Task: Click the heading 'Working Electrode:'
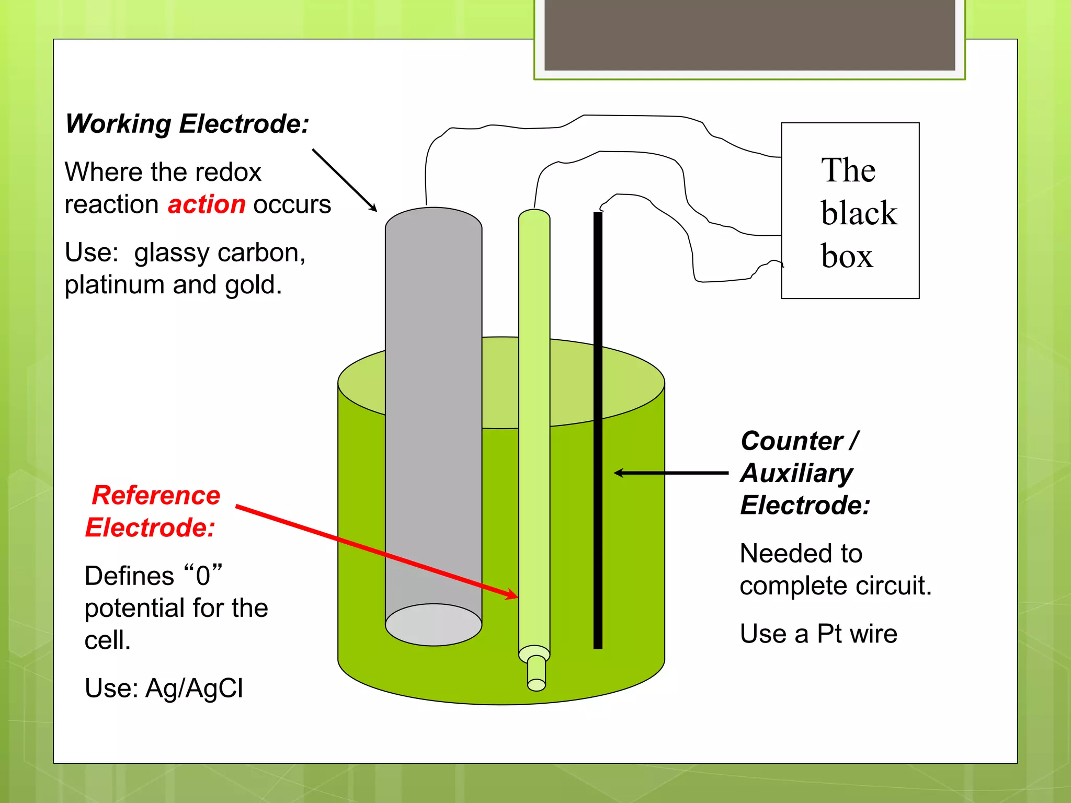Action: [187, 124]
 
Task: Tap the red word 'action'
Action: [207, 204]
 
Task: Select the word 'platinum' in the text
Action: [115, 285]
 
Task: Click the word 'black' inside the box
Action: [859, 213]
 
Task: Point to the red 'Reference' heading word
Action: [156, 495]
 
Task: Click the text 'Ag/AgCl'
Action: [194, 688]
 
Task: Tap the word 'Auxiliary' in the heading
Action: [796, 473]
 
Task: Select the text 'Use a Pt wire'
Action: [818, 634]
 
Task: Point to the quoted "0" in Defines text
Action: [203, 576]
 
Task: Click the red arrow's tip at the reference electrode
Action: [515, 595]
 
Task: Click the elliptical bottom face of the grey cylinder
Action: [434, 625]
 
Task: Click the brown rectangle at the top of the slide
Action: [749, 35]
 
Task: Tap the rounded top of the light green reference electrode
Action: [534, 216]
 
